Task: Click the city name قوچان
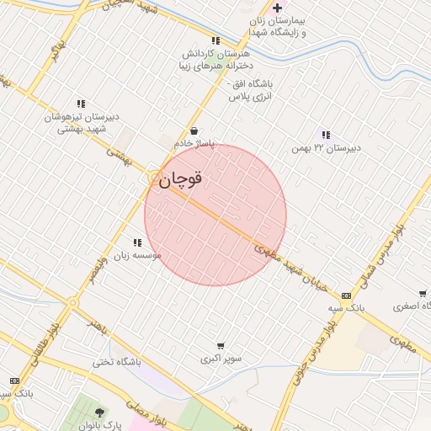(179, 179)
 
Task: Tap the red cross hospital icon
(277, 8)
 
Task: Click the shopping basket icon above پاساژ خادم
(194, 131)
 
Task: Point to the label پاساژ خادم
(194, 144)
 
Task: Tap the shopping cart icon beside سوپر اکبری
(221, 345)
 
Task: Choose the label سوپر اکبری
(221, 359)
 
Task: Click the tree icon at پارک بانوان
(101, 412)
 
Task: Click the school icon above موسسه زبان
(137, 242)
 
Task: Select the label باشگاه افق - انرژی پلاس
(250, 90)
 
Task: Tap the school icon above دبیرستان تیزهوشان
(81, 104)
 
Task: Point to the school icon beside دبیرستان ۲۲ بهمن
(326, 135)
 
